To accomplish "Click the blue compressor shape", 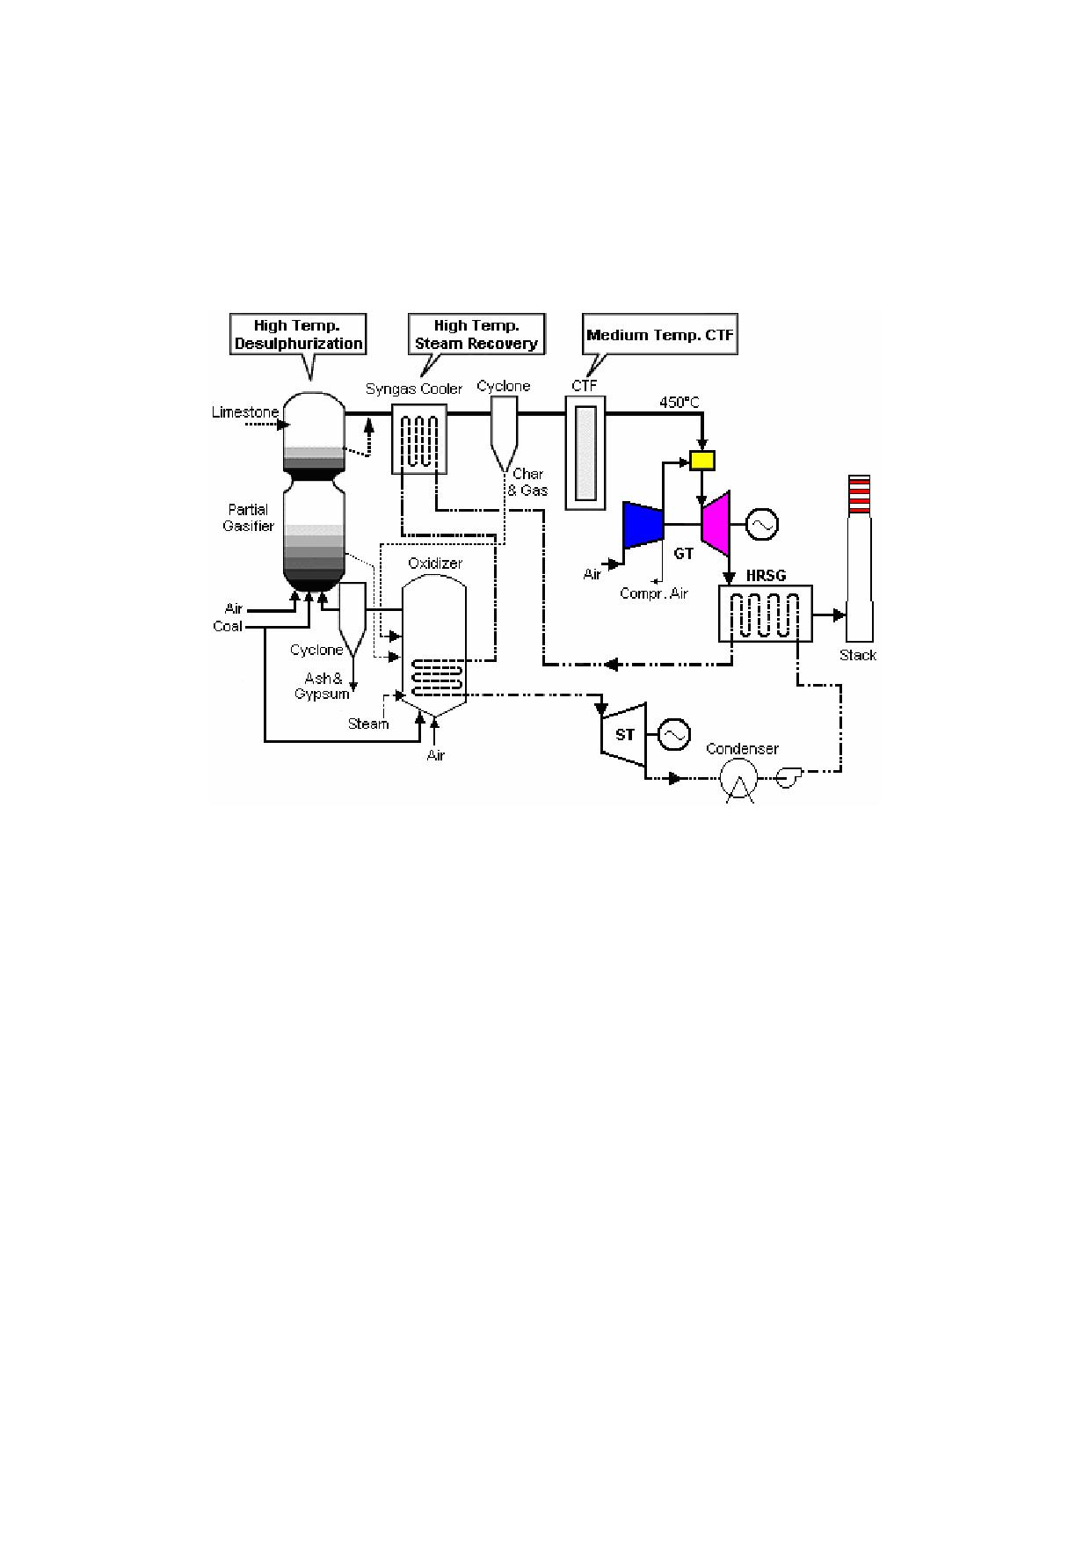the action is [643, 525].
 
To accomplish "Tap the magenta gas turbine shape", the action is [716, 524].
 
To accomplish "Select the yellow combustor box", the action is [702, 460].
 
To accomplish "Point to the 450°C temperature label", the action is [679, 403].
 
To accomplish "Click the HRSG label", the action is [766, 576].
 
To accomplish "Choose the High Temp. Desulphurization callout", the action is [299, 334].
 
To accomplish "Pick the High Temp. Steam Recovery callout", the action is [476, 334].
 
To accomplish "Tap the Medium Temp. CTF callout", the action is [660, 335].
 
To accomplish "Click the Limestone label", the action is [245, 412].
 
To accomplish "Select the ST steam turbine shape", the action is [623, 734].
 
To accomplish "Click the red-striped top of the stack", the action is [859, 494].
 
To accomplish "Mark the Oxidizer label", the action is [435, 564].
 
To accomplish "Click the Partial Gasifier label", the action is [249, 518].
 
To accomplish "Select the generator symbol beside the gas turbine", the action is [762, 525].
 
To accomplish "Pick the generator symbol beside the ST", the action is [674, 734].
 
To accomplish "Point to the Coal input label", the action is [228, 627].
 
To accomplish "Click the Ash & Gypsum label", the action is [323, 686].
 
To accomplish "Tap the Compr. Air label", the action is [654, 594].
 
